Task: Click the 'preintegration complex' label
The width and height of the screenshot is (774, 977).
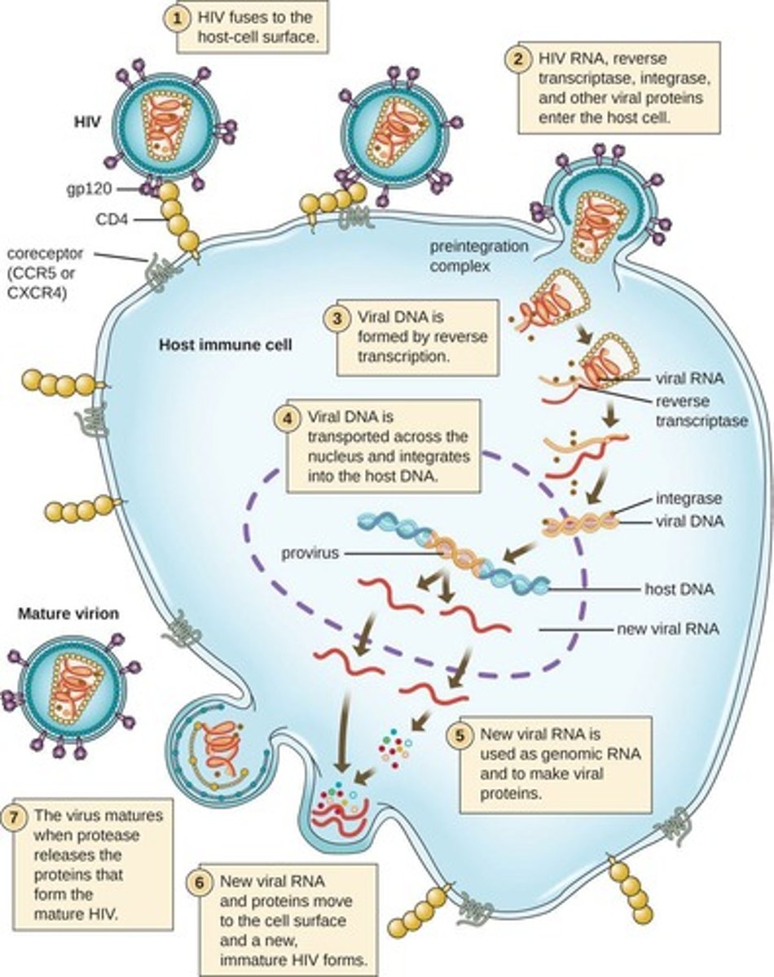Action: click(489, 255)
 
